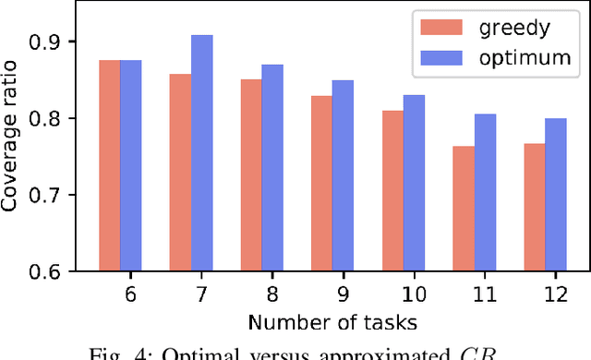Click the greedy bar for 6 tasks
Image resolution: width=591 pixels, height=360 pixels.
109,166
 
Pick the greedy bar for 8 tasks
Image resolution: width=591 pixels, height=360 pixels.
251,175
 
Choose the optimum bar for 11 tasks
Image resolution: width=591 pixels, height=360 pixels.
485,193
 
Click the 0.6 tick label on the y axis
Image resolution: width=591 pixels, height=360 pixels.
53,272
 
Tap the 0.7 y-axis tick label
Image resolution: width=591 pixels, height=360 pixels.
53,196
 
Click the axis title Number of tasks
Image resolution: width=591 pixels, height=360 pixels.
332,323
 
